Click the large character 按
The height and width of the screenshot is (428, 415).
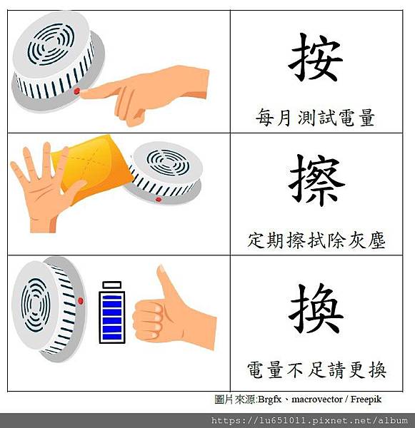click(316, 57)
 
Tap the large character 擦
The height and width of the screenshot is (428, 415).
click(316, 180)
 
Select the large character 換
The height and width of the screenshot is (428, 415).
click(316, 308)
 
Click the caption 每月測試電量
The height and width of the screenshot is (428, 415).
click(315, 118)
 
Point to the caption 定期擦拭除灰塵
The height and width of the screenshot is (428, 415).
click(316, 240)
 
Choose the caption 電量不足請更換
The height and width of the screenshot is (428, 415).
click(316, 370)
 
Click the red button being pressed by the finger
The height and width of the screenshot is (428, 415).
click(77, 91)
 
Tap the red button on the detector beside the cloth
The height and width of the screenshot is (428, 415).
click(158, 200)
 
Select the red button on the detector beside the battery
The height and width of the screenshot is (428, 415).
click(81, 301)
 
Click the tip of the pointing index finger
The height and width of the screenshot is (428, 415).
click(82, 94)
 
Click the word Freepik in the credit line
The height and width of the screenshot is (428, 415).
click(366, 399)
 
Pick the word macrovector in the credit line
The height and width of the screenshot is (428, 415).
click(317, 399)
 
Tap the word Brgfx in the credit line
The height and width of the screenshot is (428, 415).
click(269, 399)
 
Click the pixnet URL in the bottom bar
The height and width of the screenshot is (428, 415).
click(309, 420)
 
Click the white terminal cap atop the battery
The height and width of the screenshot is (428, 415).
click(112, 285)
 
